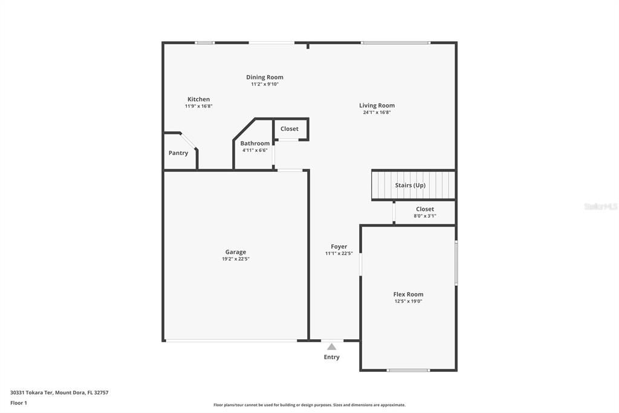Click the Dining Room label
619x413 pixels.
(x=265, y=78)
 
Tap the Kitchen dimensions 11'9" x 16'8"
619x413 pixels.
(x=198, y=106)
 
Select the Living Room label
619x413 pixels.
(x=377, y=105)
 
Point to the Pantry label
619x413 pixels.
(x=178, y=153)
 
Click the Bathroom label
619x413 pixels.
(x=254, y=144)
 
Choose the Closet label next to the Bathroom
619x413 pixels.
(x=290, y=129)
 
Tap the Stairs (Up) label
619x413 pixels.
(x=410, y=185)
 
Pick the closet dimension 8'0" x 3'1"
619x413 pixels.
(x=425, y=216)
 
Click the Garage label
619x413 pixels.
(x=236, y=252)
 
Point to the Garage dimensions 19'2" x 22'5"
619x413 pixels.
(x=236, y=259)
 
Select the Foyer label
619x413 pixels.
(x=339, y=246)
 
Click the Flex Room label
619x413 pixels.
(x=408, y=294)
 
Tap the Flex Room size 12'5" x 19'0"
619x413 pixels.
(x=408, y=301)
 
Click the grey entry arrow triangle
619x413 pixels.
(x=331, y=346)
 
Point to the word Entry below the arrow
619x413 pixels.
(x=331, y=357)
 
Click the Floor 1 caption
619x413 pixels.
(x=19, y=403)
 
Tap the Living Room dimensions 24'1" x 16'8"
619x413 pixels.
(x=377, y=112)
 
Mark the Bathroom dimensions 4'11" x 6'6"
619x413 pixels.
(x=254, y=150)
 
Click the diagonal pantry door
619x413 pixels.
(x=189, y=140)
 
